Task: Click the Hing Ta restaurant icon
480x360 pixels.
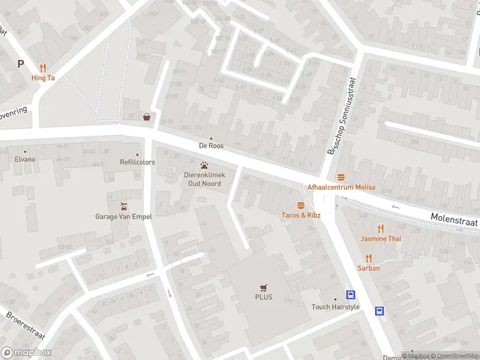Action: point(43,67)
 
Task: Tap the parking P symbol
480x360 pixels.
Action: point(20,64)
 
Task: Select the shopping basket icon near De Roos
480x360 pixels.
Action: point(146,117)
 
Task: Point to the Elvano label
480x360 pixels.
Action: point(25,159)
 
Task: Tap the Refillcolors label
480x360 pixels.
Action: point(137,162)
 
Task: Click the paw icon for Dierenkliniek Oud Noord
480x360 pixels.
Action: point(205,164)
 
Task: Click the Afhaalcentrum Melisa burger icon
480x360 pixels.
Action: point(341,176)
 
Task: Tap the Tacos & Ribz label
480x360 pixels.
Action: point(301,215)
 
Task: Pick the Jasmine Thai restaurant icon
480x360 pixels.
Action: point(380,228)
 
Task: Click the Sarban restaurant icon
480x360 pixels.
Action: point(369,258)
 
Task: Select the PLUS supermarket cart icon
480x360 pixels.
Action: point(263,287)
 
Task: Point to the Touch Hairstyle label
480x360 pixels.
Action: point(335,307)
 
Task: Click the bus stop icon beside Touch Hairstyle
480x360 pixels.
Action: point(350,295)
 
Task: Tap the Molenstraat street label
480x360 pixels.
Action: point(454,220)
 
